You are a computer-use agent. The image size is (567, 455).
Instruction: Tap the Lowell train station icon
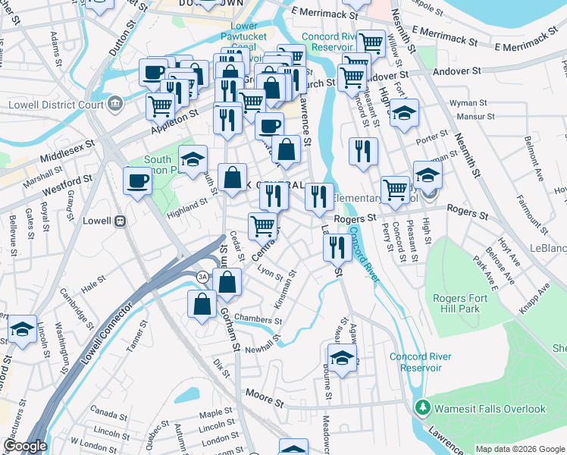pyautogui.click(x=119, y=221)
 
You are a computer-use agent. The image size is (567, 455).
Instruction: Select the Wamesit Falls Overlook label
pyautogui.click(x=489, y=409)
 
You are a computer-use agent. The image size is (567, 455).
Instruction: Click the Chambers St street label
pyautogui.click(x=258, y=318)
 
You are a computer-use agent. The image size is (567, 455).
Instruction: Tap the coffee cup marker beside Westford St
pyautogui.click(x=137, y=180)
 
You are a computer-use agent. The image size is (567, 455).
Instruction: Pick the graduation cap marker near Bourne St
pyautogui.click(x=343, y=357)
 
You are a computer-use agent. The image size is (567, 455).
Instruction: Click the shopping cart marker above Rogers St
pyautogui.click(x=395, y=189)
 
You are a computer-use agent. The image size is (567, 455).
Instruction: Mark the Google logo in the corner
pyautogui.click(x=25, y=446)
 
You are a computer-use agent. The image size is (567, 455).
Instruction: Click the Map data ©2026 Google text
pyautogui.click(x=520, y=449)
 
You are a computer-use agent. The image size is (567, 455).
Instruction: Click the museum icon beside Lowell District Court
pyautogui.click(x=115, y=102)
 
